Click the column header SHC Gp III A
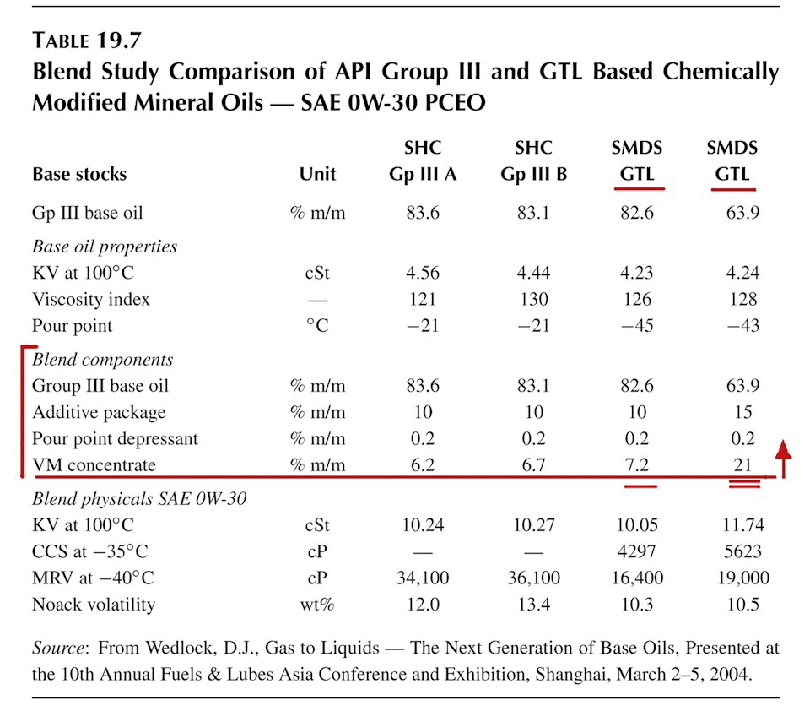coord(423,160)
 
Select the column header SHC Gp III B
coord(533,160)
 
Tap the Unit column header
coord(317,174)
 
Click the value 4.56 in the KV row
coord(423,272)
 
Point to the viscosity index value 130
coord(533,299)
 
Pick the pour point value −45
coord(636,325)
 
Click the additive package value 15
coord(742,411)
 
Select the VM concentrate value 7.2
coord(636,464)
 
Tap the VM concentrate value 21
coord(742,464)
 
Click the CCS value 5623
coord(742,551)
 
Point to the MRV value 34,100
coord(423,578)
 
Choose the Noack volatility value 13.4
coord(533,604)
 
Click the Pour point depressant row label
coord(115,438)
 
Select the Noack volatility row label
coord(94,605)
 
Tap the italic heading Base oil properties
coord(105,247)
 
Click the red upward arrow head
coord(784,449)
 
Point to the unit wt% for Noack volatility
coord(317,604)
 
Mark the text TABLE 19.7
coord(86,41)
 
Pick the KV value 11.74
coord(742,525)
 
